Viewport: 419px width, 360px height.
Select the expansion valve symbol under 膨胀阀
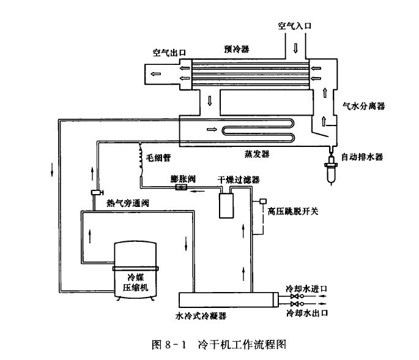click(181, 189)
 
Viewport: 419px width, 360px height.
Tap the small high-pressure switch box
click(262, 201)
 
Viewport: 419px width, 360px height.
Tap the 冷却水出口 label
click(308, 312)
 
